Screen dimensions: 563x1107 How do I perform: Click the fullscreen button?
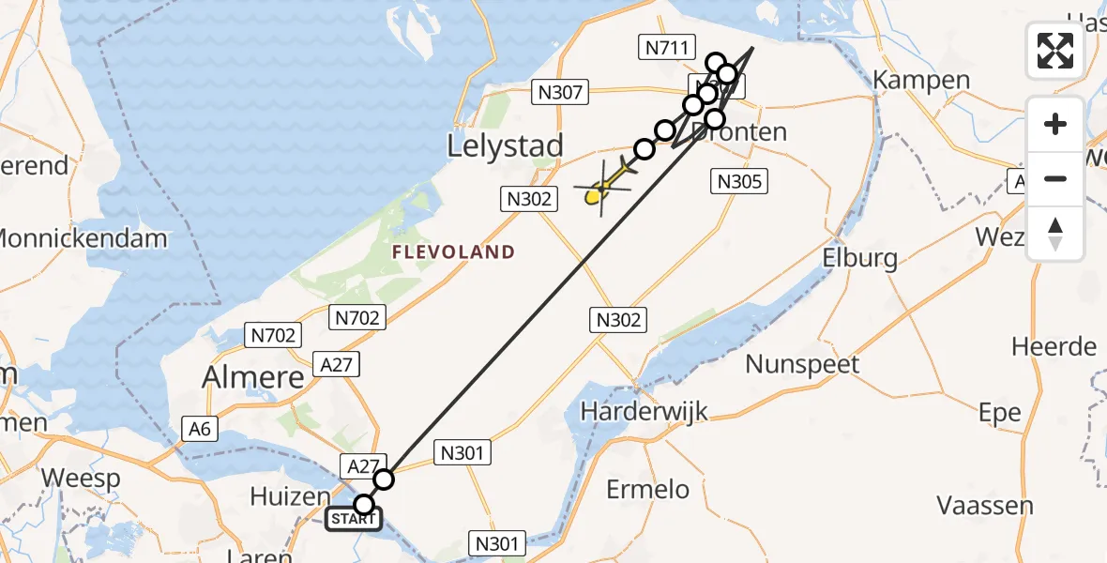coord(1055,50)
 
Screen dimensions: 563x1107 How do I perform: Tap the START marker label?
coord(354,519)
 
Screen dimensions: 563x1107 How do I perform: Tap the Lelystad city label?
coord(506,145)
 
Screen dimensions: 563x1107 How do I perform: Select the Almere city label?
coord(254,377)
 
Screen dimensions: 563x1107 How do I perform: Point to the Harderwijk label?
coord(644,410)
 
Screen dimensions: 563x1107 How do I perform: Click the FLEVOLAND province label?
coord(453,251)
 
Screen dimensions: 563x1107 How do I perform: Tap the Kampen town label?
coord(921,80)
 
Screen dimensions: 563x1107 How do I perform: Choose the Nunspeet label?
coord(802,363)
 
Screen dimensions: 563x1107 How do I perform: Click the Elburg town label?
coord(858,258)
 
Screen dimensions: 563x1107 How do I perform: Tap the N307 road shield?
coord(559,92)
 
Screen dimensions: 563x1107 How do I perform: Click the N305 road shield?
coord(740,181)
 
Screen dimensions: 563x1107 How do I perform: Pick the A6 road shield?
coord(198,429)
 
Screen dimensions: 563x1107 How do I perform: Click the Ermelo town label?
coord(647,489)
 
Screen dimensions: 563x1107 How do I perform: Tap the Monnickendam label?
coord(83,238)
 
